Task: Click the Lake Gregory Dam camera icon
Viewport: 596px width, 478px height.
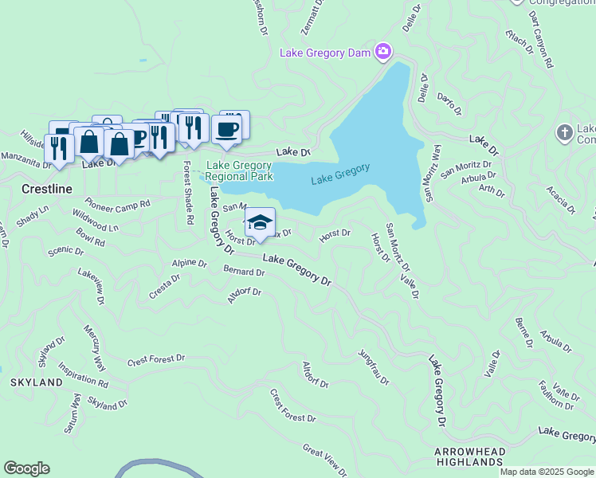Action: [383, 53]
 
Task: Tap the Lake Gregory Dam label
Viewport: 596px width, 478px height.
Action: [327, 53]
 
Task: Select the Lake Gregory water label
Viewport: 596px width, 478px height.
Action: [340, 174]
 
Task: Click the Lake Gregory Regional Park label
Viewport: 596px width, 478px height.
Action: [240, 171]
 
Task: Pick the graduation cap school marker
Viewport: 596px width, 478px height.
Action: [260, 222]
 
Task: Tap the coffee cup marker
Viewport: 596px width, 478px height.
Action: [227, 127]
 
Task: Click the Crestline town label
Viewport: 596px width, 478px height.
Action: [47, 189]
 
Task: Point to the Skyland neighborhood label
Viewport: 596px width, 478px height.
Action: [37, 382]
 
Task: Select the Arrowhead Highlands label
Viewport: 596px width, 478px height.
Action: [470, 456]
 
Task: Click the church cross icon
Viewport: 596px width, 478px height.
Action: [564, 133]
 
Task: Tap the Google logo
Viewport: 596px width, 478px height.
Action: [26, 468]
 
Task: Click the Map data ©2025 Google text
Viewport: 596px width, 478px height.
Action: [547, 472]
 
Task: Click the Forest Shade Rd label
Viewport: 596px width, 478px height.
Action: [188, 192]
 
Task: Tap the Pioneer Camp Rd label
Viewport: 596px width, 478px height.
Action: [117, 204]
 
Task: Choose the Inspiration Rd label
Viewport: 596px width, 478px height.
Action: [83, 374]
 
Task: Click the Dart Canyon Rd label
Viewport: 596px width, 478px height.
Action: [540, 40]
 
